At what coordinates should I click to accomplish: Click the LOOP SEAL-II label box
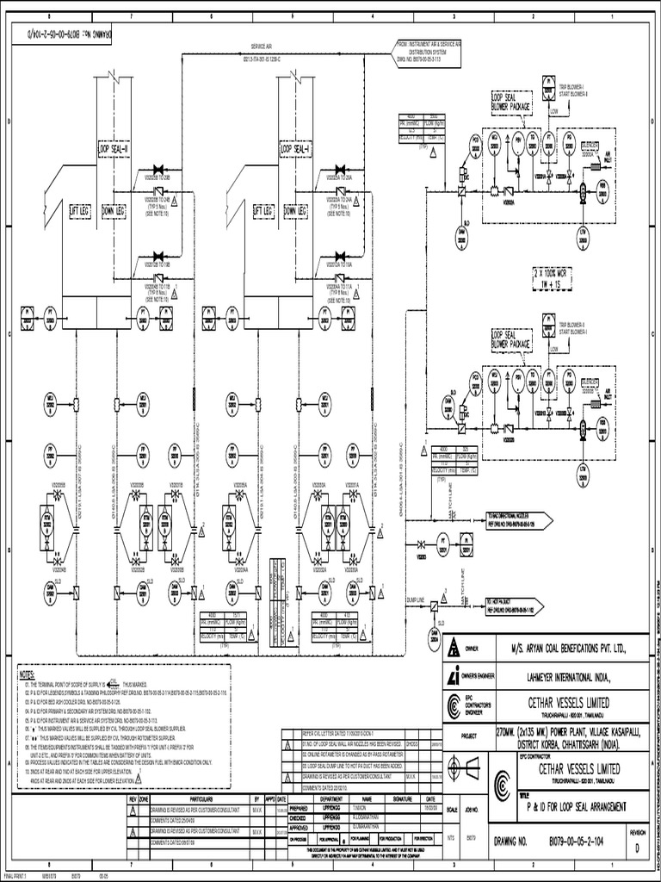click(114, 148)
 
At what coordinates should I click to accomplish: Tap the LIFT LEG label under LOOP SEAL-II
click(81, 209)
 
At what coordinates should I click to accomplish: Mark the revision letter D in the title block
click(637, 847)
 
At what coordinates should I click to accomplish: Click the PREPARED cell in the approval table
click(299, 806)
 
